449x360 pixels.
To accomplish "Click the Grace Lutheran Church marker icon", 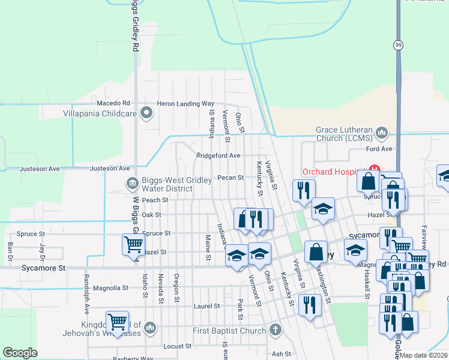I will [x=382, y=132].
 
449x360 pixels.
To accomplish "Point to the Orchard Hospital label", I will [x=334, y=170].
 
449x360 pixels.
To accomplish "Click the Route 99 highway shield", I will [x=399, y=46].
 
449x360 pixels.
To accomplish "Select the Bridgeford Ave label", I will [x=218, y=155].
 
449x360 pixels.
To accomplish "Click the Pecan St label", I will [x=231, y=178].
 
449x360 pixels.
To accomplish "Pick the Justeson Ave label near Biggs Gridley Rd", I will [x=110, y=169].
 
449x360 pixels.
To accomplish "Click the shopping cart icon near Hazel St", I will [x=133, y=244].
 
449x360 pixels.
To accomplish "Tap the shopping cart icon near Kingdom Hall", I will [x=116, y=321].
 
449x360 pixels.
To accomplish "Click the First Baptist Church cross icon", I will [x=275, y=329].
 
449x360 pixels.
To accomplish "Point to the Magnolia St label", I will [x=112, y=288].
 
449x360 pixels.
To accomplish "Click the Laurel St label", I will [x=208, y=306].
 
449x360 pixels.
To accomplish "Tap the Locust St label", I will [x=177, y=346].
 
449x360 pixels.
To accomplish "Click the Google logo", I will [x=20, y=353].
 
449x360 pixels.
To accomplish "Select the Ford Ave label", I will [x=379, y=149].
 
